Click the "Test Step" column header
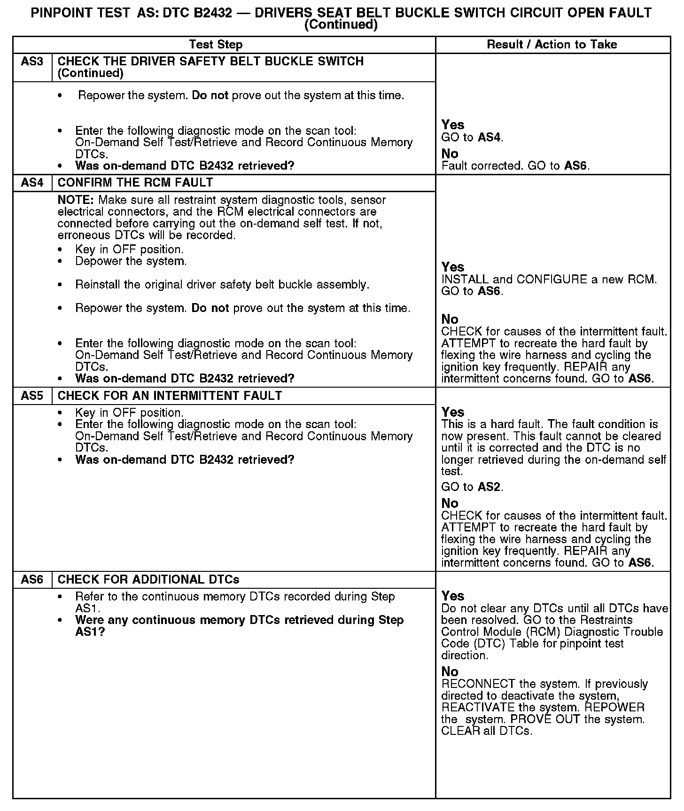pyautogui.click(x=216, y=45)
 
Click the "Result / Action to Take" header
pyautogui.click(x=552, y=45)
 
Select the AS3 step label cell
pyautogui.click(x=32, y=62)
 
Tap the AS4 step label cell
pyautogui.click(x=32, y=182)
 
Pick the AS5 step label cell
pyautogui.click(x=32, y=396)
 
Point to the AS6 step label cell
pyautogui.click(x=32, y=579)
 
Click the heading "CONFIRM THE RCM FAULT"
pyautogui.click(x=135, y=182)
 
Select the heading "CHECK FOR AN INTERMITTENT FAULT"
pyautogui.click(x=170, y=396)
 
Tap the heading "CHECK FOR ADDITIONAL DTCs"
pyautogui.click(x=148, y=579)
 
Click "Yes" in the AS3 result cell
pyautogui.click(x=453, y=125)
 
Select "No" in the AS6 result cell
pyautogui.click(x=450, y=671)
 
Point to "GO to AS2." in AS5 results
pyautogui.click(x=472, y=487)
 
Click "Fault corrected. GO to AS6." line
pyautogui.click(x=515, y=166)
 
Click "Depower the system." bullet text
pyautogui.click(x=131, y=261)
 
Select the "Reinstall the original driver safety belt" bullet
pyautogui.click(x=222, y=285)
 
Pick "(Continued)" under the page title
pyautogui.click(x=341, y=25)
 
